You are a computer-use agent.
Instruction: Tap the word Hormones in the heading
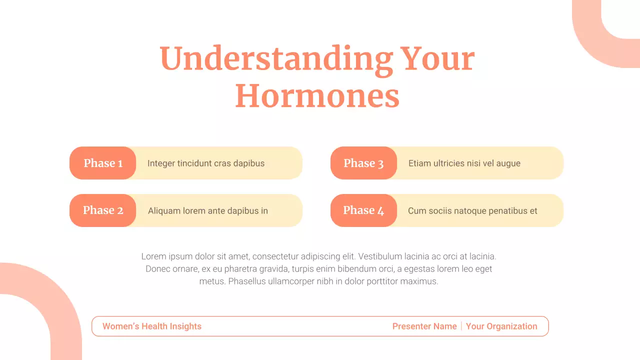click(317, 96)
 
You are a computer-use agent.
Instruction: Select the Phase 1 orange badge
click(103, 163)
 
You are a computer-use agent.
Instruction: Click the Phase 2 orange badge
click(103, 210)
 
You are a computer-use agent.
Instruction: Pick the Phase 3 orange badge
click(363, 163)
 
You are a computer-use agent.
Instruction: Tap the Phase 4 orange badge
click(363, 210)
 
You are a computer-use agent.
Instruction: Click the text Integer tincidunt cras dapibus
click(206, 163)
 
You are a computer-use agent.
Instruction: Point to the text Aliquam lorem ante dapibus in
click(208, 211)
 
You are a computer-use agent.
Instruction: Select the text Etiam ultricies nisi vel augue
click(464, 163)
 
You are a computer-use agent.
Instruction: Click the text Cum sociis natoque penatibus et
click(472, 211)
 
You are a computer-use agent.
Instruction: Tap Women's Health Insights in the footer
click(152, 326)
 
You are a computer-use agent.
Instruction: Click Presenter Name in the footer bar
click(424, 326)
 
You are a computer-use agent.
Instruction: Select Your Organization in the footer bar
click(501, 326)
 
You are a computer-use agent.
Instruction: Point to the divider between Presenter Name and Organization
click(461, 326)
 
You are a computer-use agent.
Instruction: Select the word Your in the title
click(438, 59)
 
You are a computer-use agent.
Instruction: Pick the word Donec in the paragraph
click(157, 269)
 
